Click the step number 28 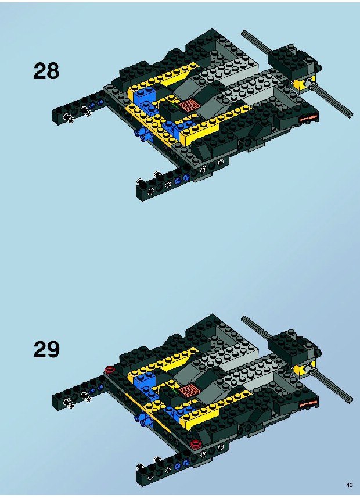point(46,71)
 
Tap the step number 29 point(46,349)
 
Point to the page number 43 point(349,485)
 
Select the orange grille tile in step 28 point(188,105)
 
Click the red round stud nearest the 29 point(109,369)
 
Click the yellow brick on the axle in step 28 point(304,83)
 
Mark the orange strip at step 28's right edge point(308,118)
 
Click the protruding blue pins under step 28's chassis point(142,135)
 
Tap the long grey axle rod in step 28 point(297,74)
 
